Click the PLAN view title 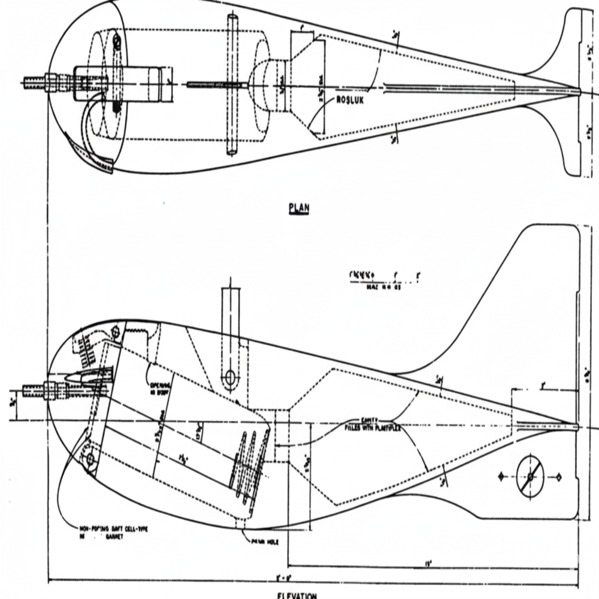pos(298,208)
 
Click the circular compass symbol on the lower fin pos(530,477)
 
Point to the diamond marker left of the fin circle pos(501,477)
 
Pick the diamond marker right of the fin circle pos(558,477)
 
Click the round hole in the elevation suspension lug pos(229,379)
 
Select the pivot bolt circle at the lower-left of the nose pos(90,460)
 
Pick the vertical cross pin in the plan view pos(232,84)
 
